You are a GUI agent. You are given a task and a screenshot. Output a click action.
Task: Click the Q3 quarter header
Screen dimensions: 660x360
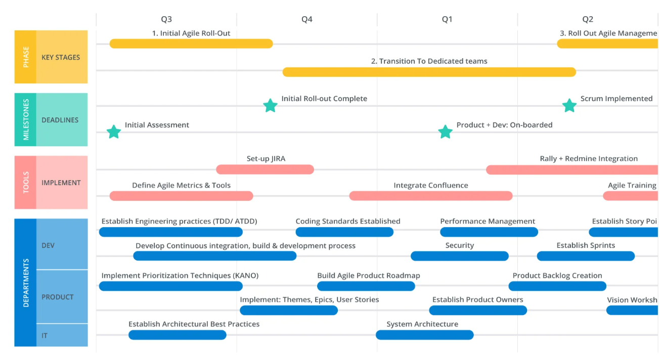tap(166, 19)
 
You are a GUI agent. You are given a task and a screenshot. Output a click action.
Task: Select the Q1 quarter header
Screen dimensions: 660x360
tap(447, 19)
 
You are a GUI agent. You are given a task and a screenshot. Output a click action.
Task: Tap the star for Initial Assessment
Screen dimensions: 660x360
tap(114, 131)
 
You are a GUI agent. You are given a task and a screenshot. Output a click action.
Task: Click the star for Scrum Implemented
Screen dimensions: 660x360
tap(569, 106)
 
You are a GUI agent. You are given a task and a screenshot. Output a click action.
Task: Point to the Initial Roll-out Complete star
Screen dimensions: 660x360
tap(270, 106)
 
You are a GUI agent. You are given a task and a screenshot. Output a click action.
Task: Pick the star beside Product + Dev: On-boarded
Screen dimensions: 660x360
tap(445, 131)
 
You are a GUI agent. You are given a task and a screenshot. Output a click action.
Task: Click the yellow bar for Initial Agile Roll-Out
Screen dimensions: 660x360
tap(191, 43)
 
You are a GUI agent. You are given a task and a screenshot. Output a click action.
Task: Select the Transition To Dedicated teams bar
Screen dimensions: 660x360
tap(429, 72)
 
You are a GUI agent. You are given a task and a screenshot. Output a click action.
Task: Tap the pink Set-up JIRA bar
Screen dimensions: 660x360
tap(265, 169)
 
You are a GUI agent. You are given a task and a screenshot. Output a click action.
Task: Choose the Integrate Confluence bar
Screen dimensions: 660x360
tap(431, 196)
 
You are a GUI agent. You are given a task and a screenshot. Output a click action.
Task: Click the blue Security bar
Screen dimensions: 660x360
tap(460, 256)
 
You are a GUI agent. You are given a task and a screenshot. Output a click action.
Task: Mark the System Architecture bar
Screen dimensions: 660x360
tap(425, 335)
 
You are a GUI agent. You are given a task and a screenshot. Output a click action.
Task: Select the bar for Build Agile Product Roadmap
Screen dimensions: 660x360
tap(366, 286)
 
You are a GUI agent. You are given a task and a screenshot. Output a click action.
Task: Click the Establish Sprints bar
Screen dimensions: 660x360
tap(586, 256)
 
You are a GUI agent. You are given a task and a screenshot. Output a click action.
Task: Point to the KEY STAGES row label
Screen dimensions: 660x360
tap(61, 57)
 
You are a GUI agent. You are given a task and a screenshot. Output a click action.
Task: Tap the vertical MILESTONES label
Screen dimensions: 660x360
tap(26, 120)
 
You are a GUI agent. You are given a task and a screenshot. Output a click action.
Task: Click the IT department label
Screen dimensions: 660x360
tap(45, 336)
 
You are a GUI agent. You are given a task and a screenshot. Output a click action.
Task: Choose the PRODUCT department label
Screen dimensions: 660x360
tap(58, 297)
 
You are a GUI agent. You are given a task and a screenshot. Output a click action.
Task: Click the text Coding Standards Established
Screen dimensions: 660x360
tap(348, 221)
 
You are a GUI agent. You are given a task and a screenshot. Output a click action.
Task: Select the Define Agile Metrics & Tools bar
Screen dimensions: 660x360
tap(181, 196)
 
